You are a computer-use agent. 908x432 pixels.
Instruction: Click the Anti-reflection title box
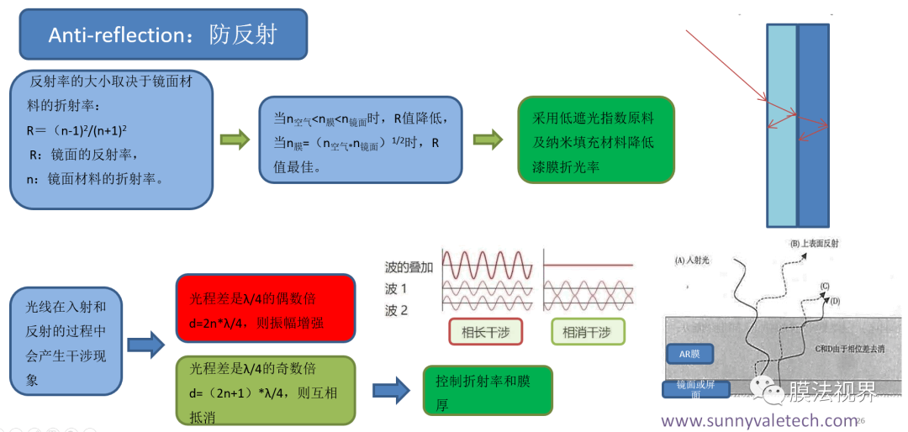point(163,35)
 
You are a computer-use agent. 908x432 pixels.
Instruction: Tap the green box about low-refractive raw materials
point(597,142)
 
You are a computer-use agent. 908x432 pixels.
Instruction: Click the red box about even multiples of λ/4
point(266,308)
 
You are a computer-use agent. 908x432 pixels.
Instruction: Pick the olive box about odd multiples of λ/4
point(266,390)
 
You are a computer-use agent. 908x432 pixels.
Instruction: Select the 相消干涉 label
point(588,332)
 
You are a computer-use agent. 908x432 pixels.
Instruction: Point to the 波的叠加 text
point(408,267)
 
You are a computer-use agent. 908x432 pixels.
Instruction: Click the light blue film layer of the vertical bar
point(781,126)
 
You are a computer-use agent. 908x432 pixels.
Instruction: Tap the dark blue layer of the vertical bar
point(813,126)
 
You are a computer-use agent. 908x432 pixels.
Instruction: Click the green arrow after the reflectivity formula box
point(235,140)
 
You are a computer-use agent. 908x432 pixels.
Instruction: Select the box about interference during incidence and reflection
point(66,343)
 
